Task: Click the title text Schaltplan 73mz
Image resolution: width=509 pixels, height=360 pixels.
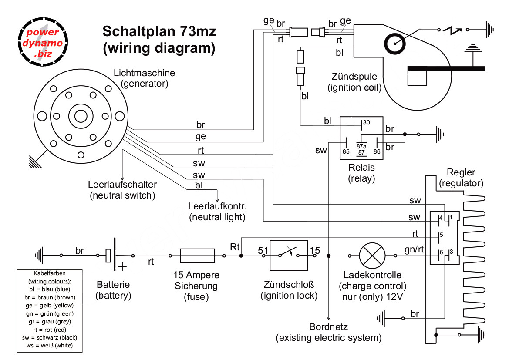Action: click(x=159, y=32)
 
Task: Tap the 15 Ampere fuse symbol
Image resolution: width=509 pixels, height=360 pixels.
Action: click(x=197, y=256)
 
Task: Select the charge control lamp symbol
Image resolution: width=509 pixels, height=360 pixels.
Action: click(x=372, y=256)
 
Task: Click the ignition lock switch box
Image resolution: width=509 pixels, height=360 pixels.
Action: click(x=288, y=256)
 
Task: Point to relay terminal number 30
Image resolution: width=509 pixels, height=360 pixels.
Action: click(x=366, y=123)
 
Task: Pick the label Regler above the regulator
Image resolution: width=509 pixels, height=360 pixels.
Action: click(x=461, y=172)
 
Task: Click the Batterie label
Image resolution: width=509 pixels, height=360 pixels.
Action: click(x=113, y=286)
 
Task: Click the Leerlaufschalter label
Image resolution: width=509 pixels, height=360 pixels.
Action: click(x=122, y=185)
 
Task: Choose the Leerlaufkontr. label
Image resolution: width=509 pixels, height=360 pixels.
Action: click(x=217, y=205)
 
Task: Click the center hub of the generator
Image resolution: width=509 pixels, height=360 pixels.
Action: click(x=81, y=116)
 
